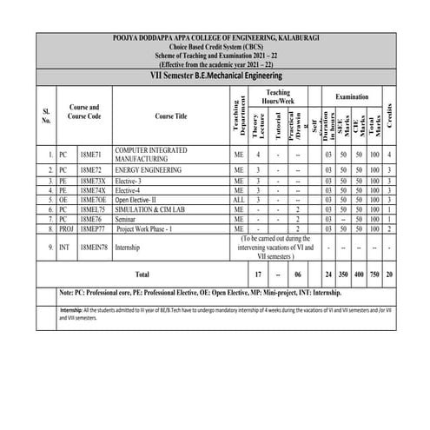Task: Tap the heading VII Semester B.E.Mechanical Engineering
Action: pyautogui.click(x=214, y=76)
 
